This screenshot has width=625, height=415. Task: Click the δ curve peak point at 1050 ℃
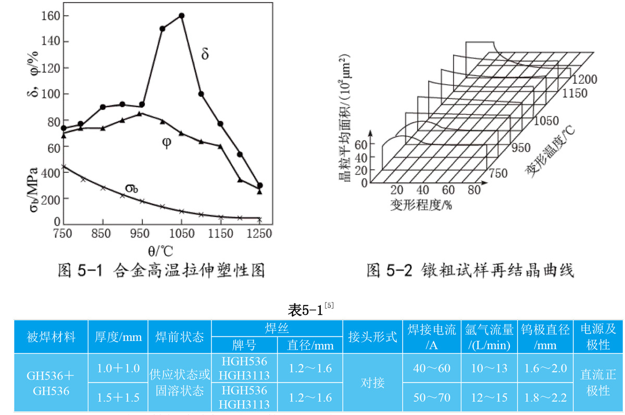(181, 16)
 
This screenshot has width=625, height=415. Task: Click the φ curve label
(167, 142)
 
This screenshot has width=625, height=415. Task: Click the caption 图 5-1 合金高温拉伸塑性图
(160, 271)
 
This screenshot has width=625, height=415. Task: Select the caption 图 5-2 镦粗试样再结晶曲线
(470, 271)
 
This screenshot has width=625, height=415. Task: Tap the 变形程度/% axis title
(420, 205)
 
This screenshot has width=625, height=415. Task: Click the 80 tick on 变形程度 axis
(473, 190)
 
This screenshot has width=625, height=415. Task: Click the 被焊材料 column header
(51, 337)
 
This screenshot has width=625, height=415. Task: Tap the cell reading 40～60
(431, 369)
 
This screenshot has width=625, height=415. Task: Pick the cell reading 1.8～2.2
(545, 398)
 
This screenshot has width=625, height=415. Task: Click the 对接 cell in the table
(372, 383)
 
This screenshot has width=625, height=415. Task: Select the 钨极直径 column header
(545, 337)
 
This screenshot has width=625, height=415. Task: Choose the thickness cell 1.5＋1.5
(118, 398)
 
